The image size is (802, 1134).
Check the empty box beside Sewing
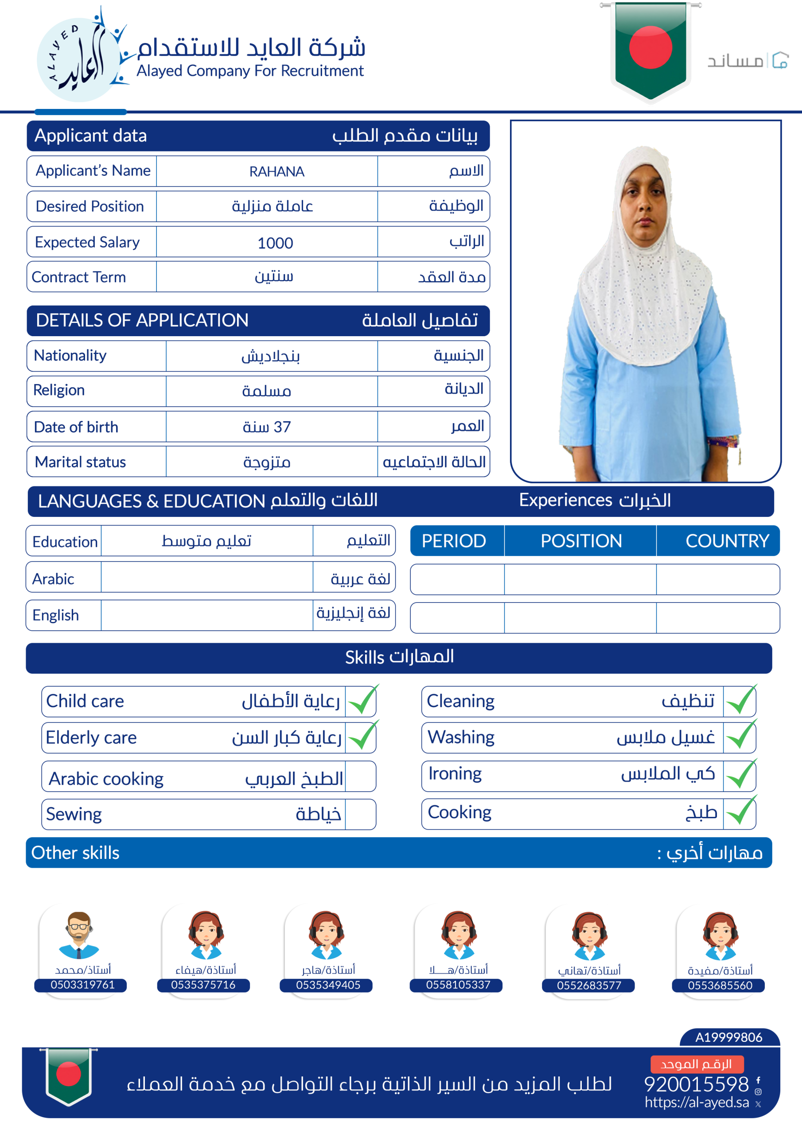[x=360, y=814]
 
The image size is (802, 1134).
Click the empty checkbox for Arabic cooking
[x=360, y=777]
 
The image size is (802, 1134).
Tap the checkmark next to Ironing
[x=741, y=774]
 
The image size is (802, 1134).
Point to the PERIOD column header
[x=454, y=541]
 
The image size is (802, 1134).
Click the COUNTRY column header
[x=727, y=541]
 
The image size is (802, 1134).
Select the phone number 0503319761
[x=82, y=985]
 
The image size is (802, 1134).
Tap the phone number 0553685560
[x=720, y=985]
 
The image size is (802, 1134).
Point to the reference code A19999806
[x=728, y=1037]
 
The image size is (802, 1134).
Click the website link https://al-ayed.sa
[x=697, y=1103]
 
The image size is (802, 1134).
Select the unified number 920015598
[x=696, y=1084]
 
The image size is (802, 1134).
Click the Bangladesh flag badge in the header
[x=650, y=49]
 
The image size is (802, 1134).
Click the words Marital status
[x=80, y=462]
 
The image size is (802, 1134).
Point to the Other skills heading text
[x=75, y=852]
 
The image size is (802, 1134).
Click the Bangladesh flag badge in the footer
[x=69, y=1075]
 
